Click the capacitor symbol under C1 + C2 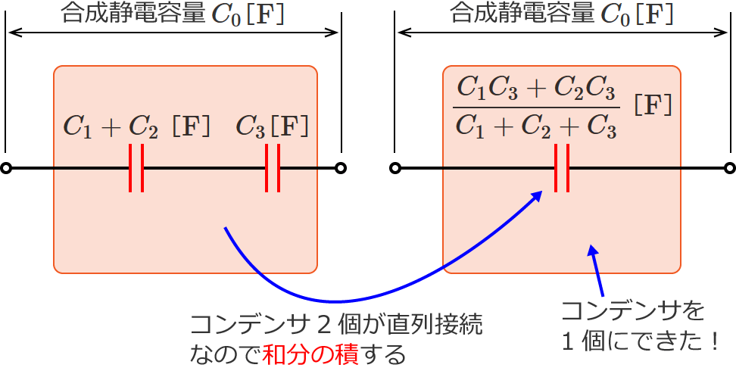136,168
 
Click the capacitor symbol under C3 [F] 273,168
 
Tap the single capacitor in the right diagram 562,168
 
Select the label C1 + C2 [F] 136,126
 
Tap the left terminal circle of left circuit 6,168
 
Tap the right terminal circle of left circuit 341,168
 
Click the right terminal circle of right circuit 730,168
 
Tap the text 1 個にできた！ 640,341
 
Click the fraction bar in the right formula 536,108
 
